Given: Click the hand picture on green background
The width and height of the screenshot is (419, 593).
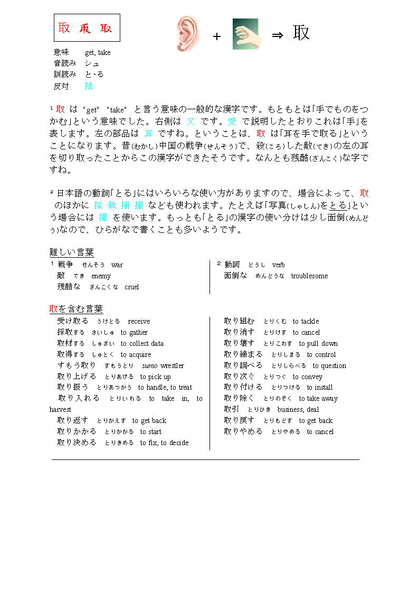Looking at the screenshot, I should pos(245,34).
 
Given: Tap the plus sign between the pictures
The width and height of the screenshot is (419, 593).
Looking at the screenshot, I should pos(216,36).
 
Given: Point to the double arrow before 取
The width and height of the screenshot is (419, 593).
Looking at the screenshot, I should pos(278,35).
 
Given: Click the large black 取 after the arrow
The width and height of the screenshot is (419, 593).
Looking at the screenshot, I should pos(301,33).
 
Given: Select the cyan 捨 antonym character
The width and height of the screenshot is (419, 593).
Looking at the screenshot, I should pos(89,86).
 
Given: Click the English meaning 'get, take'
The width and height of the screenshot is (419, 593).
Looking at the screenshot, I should pos(98,52).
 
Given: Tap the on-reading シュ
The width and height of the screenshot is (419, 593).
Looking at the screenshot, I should pos(92,63).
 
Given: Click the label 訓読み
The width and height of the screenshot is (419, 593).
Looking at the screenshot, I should pos(65,74).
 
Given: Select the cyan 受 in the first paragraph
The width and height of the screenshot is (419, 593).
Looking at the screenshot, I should pos(232,121).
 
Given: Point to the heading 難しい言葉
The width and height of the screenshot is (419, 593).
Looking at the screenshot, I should pos(71,252).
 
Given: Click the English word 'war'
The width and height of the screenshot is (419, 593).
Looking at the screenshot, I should pos(117,265).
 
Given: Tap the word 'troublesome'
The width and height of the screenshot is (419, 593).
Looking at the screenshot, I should pos(309,276).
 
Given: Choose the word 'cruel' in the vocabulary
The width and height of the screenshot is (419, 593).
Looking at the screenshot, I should pos(131,287).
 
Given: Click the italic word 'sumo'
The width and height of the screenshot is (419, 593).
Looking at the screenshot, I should pos(150,365).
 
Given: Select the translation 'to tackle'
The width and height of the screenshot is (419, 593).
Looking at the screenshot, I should pos(306,321).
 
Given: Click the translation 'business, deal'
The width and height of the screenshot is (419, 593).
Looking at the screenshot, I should pos(298,409).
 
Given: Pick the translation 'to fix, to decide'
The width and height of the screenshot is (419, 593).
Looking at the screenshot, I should pos(164,443).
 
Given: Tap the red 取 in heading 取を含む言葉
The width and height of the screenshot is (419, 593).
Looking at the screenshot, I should pos(53,309).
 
